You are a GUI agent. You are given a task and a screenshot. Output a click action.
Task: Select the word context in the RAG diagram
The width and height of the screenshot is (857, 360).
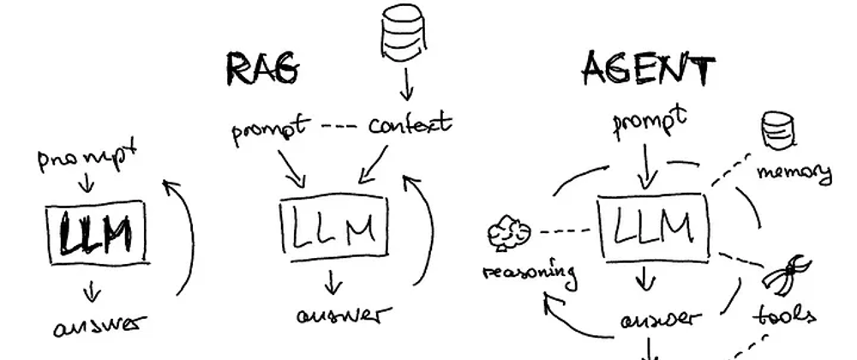click(x=411, y=125)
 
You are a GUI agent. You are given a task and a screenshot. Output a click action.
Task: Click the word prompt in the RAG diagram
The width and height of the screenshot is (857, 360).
click(x=270, y=131)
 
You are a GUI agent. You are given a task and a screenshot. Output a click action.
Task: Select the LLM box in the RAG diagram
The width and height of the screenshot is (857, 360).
click(x=334, y=227)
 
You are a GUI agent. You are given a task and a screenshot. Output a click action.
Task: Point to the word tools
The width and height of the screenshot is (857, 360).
click(x=784, y=315)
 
